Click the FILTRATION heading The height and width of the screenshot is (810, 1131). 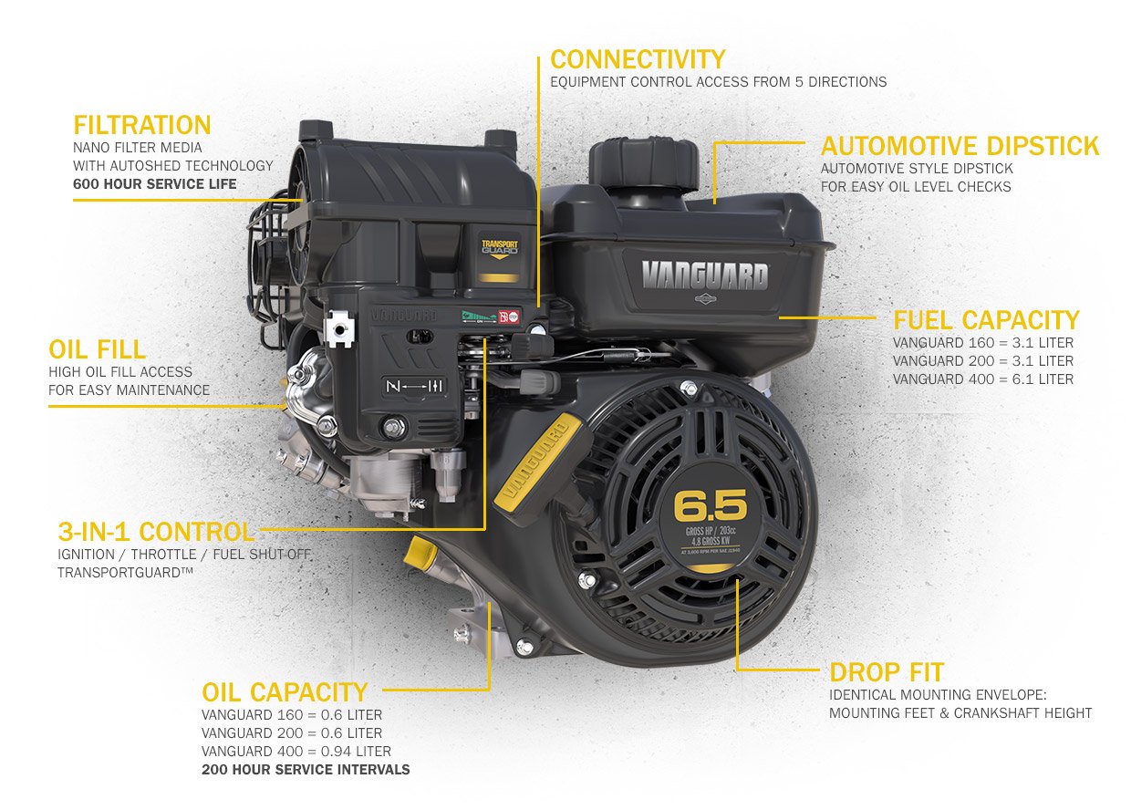(142, 125)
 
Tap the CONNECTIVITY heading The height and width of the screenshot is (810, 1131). (638, 60)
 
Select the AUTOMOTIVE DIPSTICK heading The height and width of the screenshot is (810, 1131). (960, 146)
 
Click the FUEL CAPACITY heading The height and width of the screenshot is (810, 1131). (985, 320)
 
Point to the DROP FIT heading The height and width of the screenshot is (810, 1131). (886, 673)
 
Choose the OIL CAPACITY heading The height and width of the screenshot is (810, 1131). (284, 691)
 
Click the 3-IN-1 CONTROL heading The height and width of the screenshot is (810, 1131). (156, 531)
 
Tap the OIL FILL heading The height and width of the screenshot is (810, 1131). (98, 349)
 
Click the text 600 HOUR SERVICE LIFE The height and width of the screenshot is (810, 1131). (155, 184)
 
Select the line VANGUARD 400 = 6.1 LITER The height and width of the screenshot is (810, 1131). (982, 379)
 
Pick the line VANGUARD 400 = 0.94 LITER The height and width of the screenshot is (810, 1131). (296, 752)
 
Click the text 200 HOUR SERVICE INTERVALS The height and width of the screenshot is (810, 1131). (306, 770)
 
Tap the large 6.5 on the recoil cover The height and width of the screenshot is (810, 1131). (710, 504)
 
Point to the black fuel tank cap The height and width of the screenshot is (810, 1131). (643, 162)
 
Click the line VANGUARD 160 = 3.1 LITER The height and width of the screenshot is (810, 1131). (982, 343)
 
